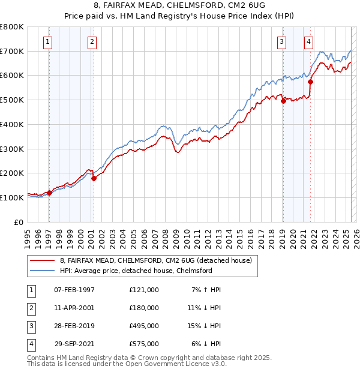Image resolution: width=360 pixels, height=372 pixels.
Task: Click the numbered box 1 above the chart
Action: (47, 42)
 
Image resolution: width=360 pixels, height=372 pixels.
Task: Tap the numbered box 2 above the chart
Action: (92, 42)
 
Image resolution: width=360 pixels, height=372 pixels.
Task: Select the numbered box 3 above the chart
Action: (281, 42)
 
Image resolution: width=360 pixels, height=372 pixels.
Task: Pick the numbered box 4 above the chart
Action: (308, 42)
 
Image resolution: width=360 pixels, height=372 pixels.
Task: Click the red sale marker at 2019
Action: (283, 101)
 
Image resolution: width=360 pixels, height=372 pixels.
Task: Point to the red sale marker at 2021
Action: (310, 82)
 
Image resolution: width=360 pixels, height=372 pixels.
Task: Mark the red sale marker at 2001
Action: (94, 178)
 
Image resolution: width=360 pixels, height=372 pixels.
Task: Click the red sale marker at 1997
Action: (50, 193)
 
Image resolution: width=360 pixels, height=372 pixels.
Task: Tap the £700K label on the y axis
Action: (12, 51)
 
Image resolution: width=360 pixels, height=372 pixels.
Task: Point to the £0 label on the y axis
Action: (19, 222)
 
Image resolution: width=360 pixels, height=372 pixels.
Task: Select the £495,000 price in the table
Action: (143, 326)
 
